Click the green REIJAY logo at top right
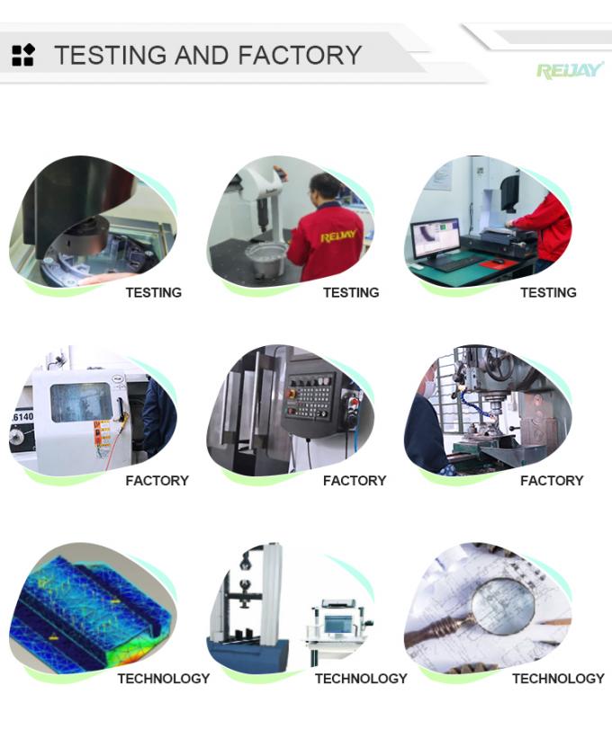point(570,71)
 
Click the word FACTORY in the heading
point(301,55)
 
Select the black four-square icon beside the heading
point(22,55)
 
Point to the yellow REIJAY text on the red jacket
point(338,236)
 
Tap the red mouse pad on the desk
point(499,263)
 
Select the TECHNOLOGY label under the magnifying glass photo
point(558,679)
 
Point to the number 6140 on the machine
point(22,417)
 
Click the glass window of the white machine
point(81,403)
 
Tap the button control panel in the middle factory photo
point(310,396)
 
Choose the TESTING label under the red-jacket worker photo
point(351,292)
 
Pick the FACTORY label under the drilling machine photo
point(552,480)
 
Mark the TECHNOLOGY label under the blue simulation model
point(164,679)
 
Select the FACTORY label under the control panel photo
point(355,480)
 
